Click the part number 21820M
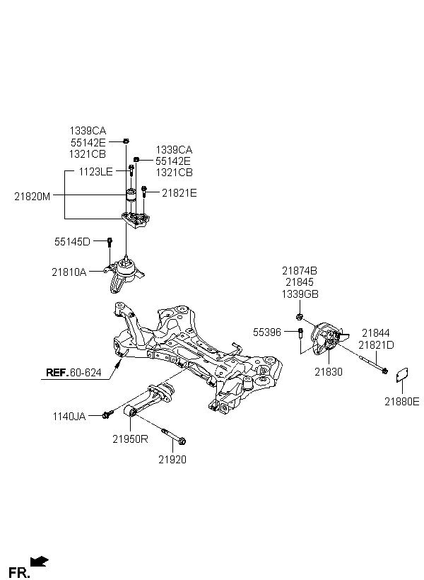(x=33, y=196)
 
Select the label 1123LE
(x=95, y=172)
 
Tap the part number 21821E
(x=179, y=192)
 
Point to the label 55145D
(x=72, y=241)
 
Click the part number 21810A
(x=69, y=272)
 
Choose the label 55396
(x=267, y=332)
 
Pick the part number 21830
(x=329, y=372)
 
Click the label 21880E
(x=402, y=401)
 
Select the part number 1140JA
(x=69, y=417)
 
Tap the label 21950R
(x=130, y=439)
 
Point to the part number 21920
(x=172, y=460)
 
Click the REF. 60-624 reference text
(x=73, y=373)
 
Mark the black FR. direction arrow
(x=39, y=562)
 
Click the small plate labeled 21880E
(x=402, y=374)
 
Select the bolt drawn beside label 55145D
(x=110, y=243)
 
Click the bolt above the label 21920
(x=174, y=436)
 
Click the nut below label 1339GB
(x=300, y=317)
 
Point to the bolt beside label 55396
(x=300, y=333)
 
